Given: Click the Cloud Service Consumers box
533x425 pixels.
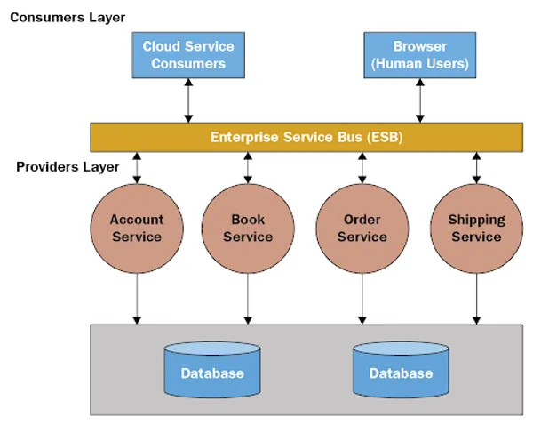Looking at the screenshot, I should click(187, 54).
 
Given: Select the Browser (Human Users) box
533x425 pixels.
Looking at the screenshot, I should click(419, 54).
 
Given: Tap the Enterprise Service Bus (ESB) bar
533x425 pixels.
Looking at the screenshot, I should click(306, 137).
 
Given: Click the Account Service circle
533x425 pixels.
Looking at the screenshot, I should click(137, 228).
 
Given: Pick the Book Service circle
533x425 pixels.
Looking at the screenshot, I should click(248, 228).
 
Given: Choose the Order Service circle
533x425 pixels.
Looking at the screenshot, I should click(362, 228).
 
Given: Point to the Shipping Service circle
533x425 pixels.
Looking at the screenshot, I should click(476, 228).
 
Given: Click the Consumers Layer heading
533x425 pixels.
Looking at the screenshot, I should click(68, 17).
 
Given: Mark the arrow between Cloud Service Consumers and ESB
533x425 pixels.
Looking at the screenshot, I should click(187, 100).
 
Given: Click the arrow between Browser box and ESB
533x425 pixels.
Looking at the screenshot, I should click(419, 100).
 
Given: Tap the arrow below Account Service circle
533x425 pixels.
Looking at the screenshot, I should click(137, 298).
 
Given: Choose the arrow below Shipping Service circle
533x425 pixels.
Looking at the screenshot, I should click(477, 298).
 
